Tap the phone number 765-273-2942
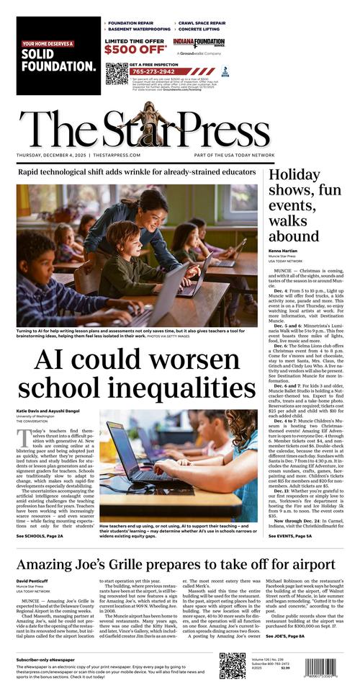click(152, 71)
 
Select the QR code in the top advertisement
click(116, 73)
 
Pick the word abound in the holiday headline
click(294, 236)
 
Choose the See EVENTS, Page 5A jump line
click(292, 536)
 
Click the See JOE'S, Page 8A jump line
click(285, 636)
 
